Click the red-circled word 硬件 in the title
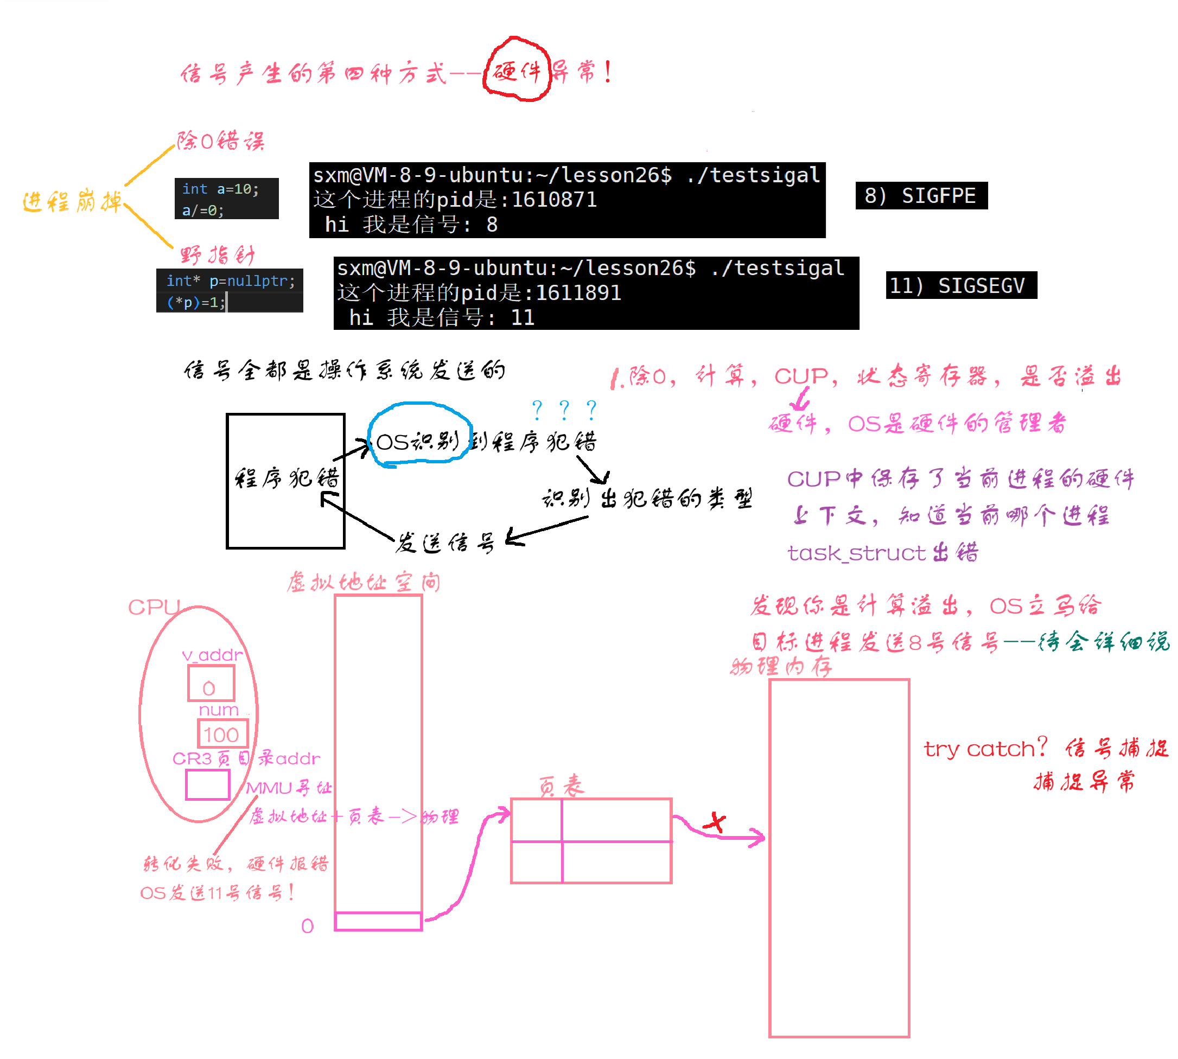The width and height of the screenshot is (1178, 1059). (516, 71)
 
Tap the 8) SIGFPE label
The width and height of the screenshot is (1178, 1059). (921, 195)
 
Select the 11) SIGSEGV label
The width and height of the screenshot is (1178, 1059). (961, 286)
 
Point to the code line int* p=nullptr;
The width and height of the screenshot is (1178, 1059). (231, 281)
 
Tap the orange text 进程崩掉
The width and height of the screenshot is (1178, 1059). (72, 202)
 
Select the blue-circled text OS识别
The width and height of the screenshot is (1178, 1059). (417, 442)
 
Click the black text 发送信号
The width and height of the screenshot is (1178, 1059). (445, 543)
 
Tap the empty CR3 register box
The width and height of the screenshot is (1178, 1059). (208, 785)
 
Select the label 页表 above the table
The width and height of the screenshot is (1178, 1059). (561, 786)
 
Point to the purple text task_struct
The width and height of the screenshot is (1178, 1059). (857, 553)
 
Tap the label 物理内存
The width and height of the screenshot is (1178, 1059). (781, 666)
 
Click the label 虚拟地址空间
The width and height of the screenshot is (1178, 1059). (364, 582)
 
